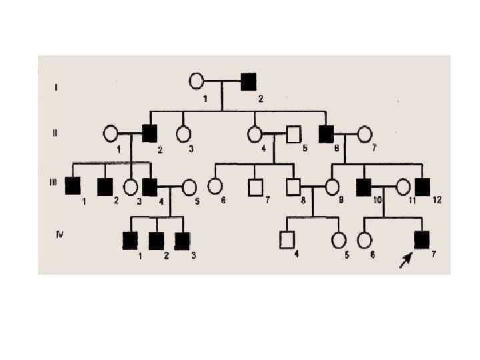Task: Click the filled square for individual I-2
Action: coord(249,81)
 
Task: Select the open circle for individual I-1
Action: coord(196,81)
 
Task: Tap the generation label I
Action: coord(55,87)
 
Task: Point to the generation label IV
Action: coord(60,234)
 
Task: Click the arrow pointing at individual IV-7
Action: coord(405,260)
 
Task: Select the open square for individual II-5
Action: coord(293,134)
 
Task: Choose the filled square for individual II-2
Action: coord(149,133)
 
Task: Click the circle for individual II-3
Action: coord(183,133)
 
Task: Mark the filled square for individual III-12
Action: coord(422,187)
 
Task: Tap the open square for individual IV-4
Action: coord(287,239)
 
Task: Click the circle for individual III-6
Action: coord(215,186)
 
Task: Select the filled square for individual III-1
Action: coord(73,186)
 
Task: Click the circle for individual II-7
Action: coord(364,134)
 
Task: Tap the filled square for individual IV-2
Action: coord(156,239)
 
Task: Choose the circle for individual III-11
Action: coord(404,187)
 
